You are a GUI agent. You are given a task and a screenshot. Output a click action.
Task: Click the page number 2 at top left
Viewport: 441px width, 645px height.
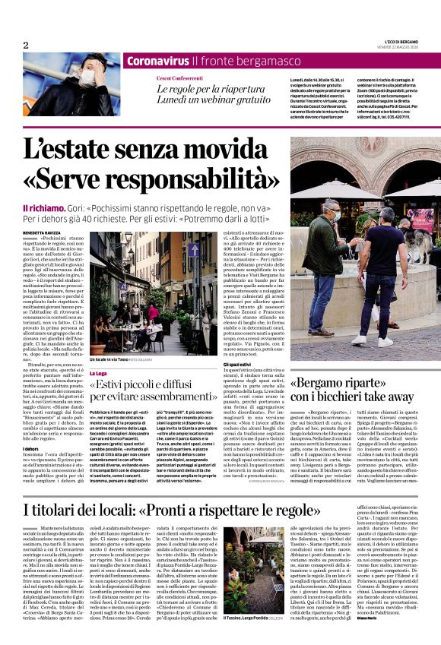point(25,45)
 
